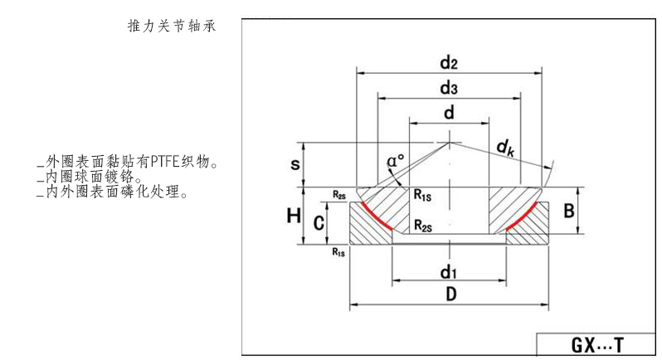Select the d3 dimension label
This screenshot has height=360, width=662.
(x=450, y=87)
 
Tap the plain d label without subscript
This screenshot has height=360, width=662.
(x=449, y=114)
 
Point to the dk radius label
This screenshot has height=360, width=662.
(x=504, y=148)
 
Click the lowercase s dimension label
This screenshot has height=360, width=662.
(x=295, y=164)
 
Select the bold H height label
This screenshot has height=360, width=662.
(x=294, y=216)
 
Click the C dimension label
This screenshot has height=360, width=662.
(x=318, y=221)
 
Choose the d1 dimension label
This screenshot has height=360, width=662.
(x=449, y=271)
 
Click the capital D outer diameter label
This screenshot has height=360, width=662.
(x=449, y=294)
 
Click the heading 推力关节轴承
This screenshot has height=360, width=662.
(x=170, y=27)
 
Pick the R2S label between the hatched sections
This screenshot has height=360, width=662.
(x=423, y=225)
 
